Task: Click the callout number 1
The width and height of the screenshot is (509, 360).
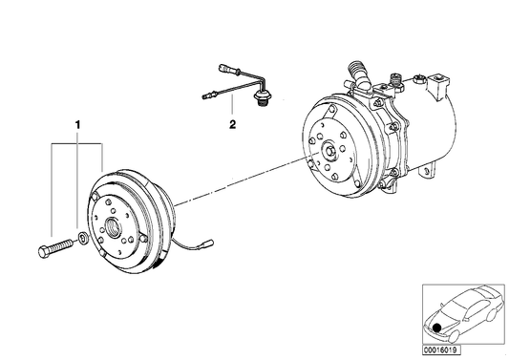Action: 78,124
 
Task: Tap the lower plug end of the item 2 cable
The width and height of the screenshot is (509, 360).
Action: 206,94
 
